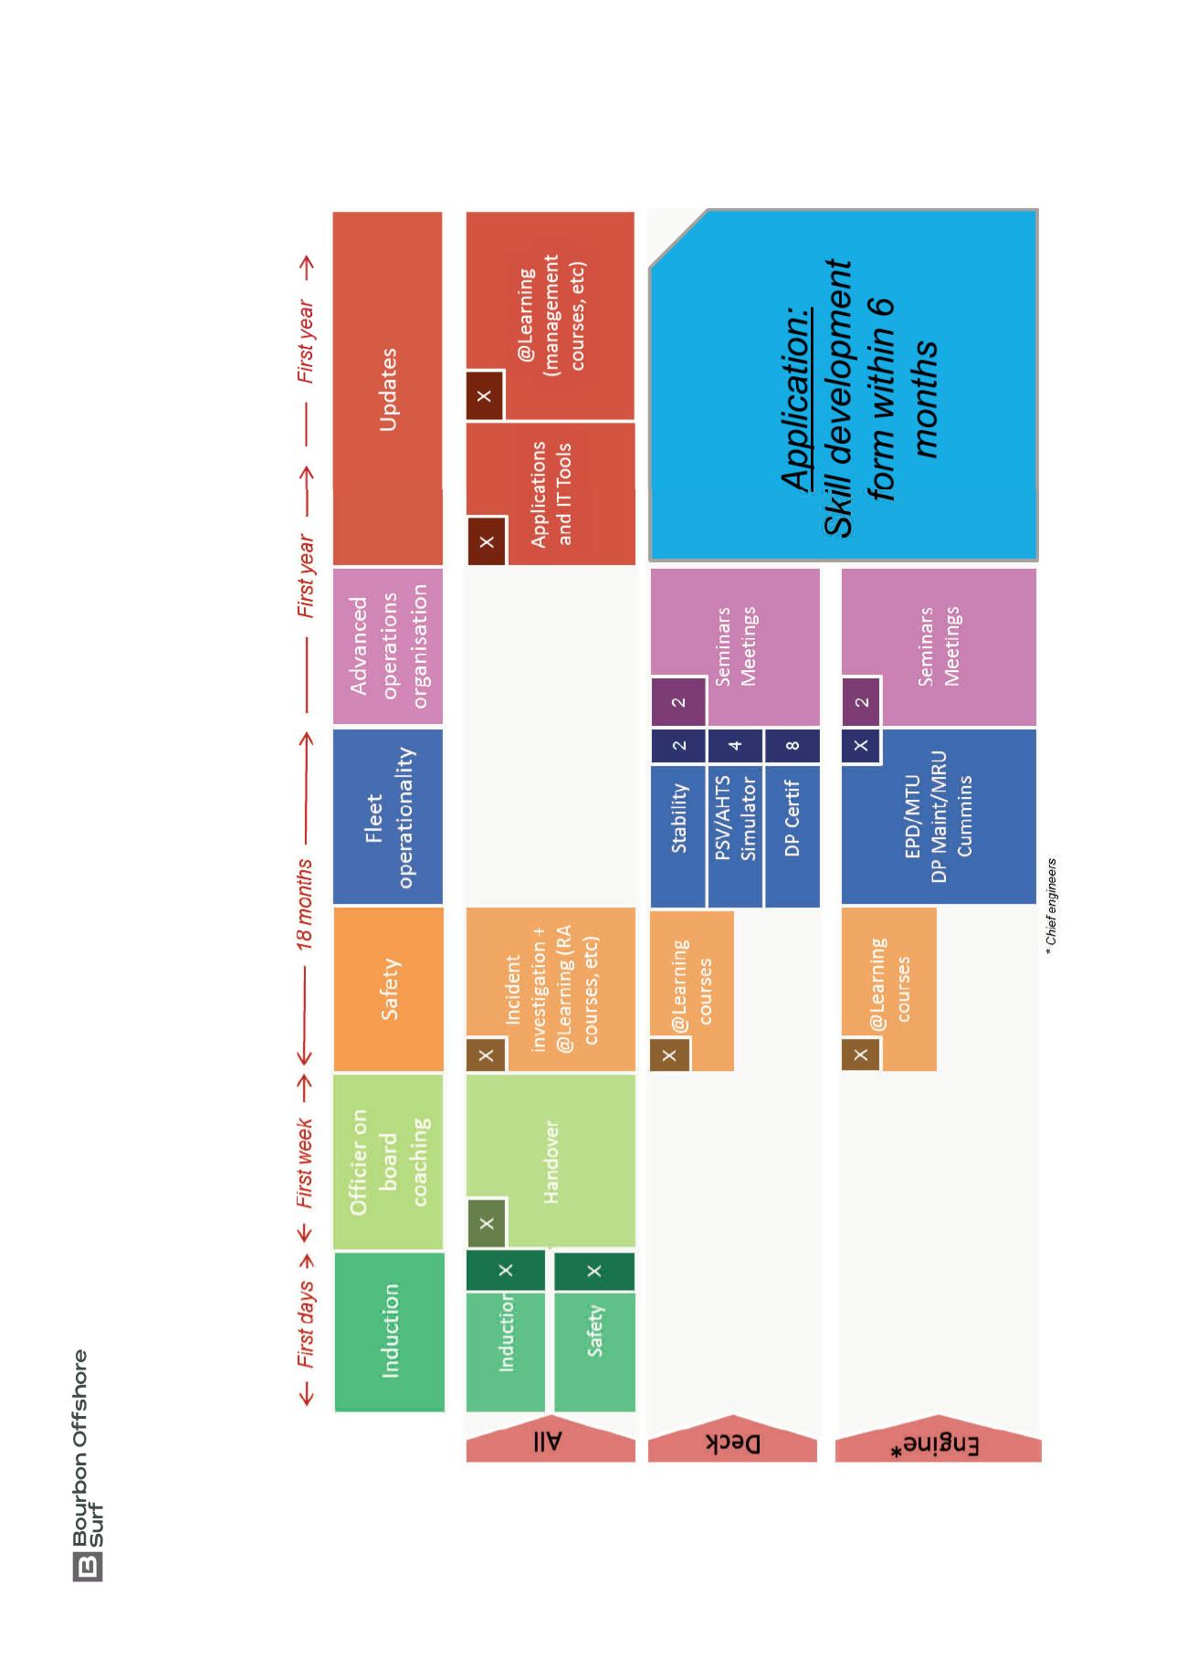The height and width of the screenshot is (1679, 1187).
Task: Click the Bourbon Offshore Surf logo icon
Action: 87,1568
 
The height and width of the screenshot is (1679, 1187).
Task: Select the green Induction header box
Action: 389,1331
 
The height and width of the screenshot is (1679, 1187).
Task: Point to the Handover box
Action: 551,1160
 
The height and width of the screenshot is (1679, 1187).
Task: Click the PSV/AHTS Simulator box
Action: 736,835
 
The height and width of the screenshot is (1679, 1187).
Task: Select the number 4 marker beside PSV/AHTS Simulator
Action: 736,745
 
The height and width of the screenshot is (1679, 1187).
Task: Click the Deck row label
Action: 733,1442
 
